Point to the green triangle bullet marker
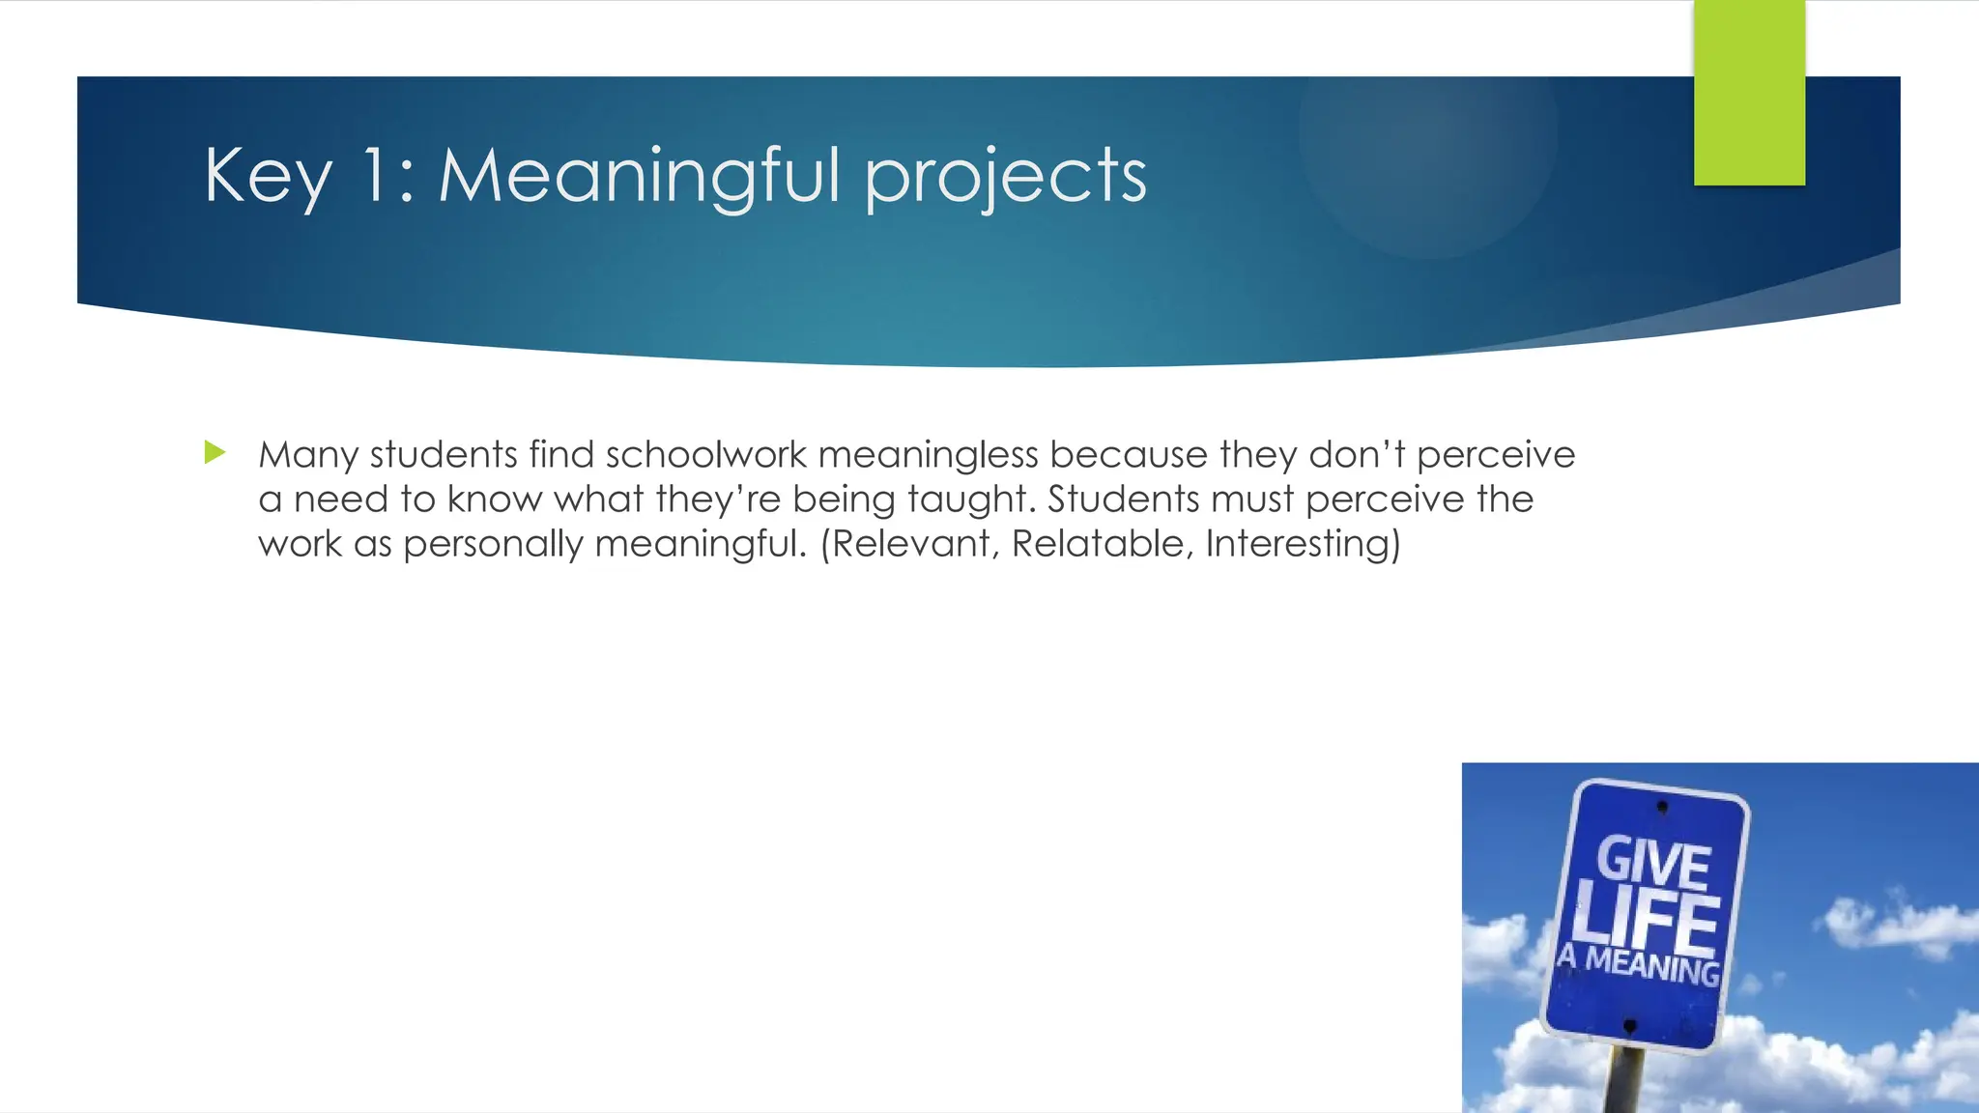215,452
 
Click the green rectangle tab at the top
1749,93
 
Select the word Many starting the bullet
307,455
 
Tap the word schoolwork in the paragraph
705,455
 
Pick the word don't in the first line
1357,454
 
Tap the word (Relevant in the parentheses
908,544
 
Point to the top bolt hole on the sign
1662,806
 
